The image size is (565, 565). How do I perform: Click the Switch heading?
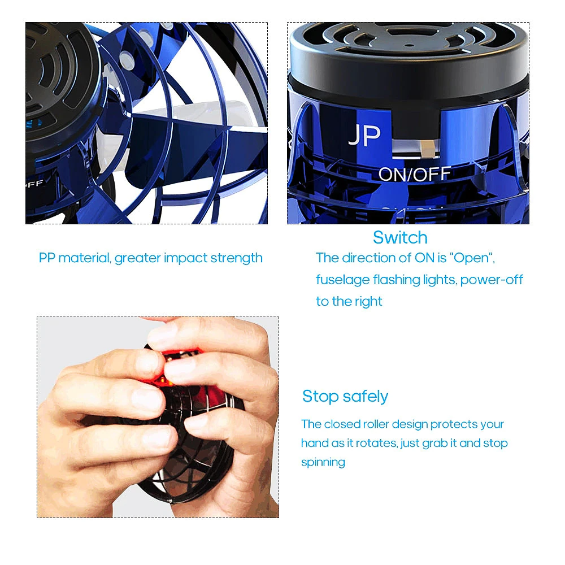click(400, 237)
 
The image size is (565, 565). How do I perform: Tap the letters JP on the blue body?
click(364, 135)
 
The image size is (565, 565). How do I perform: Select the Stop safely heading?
click(345, 396)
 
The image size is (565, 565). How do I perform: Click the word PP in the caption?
click(47, 258)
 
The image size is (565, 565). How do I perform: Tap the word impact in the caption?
click(185, 258)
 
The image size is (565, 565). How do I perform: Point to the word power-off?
click(492, 280)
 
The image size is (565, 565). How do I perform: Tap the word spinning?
click(323, 462)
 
